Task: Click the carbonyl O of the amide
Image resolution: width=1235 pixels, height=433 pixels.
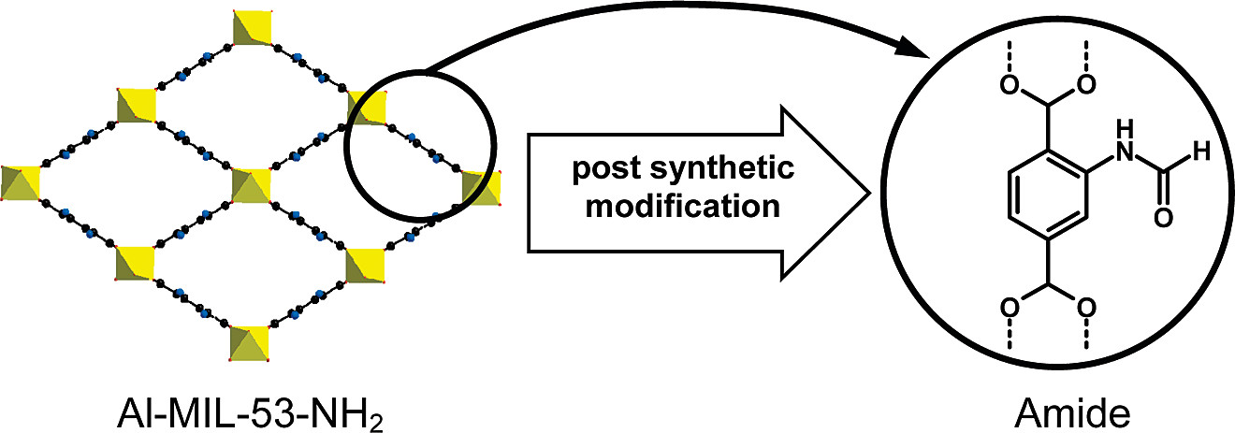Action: coord(1163,220)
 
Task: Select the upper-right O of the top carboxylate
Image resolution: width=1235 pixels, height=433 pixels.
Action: coord(1085,86)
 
